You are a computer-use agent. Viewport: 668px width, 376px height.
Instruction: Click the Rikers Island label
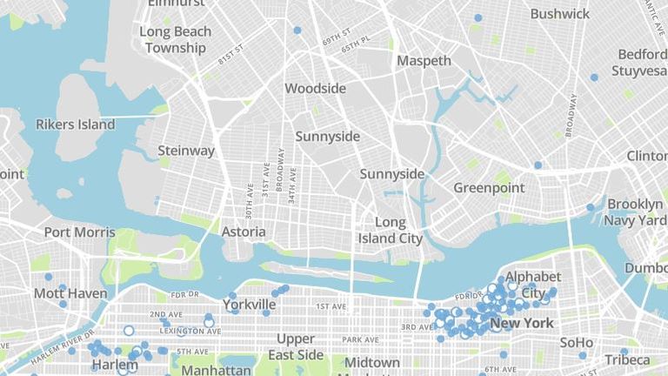[75, 124]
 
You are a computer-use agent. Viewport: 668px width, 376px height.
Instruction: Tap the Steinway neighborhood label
[186, 151]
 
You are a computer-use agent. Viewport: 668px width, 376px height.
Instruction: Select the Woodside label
[315, 89]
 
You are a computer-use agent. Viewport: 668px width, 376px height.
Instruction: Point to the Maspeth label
[424, 61]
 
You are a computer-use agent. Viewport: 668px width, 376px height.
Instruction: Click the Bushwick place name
[559, 14]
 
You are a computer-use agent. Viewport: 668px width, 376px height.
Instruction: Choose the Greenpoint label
[489, 187]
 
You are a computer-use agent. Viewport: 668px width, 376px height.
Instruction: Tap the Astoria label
[243, 232]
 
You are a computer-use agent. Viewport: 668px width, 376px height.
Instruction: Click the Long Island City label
[391, 230]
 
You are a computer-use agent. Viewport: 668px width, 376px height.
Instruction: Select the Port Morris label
[79, 232]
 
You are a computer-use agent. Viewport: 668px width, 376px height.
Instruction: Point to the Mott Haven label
[70, 293]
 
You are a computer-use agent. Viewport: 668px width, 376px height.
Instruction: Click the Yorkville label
[249, 305]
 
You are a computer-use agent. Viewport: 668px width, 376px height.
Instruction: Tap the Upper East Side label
[300, 346]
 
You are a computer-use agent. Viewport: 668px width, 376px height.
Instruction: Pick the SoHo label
[576, 342]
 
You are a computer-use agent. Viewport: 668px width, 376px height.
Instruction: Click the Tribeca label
[627, 359]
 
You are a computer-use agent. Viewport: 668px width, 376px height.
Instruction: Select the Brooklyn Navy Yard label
[636, 211]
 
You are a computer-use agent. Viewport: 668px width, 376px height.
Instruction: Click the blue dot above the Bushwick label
[478, 17]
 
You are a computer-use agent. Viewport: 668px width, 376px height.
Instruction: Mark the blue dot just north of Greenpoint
[538, 164]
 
